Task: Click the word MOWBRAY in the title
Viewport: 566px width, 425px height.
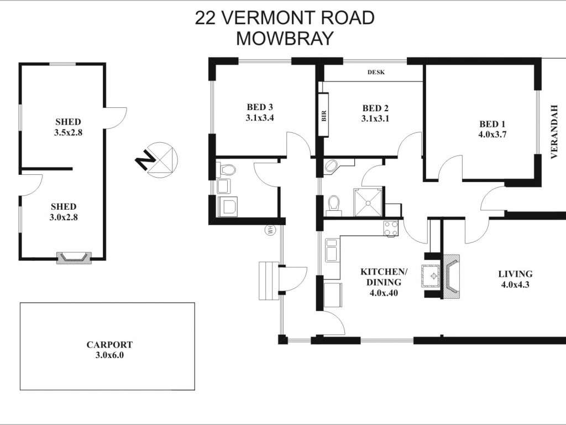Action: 285,38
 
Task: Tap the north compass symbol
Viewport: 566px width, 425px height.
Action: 158,160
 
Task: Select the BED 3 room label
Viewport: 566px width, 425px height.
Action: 260,107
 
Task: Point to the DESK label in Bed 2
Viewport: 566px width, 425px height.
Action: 376,72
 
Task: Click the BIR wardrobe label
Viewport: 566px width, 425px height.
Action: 324,116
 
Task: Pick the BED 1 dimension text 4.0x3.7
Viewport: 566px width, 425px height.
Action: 491,135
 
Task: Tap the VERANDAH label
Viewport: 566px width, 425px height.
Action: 554,132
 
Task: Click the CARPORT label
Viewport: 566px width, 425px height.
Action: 109,345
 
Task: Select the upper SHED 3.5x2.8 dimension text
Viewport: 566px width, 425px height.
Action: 68,133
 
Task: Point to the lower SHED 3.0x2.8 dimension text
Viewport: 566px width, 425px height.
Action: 64,217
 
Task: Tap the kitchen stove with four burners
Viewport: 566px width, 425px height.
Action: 391,229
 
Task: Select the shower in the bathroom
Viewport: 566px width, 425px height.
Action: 368,203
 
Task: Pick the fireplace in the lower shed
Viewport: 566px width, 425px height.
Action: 74,257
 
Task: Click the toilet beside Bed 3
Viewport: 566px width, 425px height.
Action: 226,169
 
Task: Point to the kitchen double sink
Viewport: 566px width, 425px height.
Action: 332,250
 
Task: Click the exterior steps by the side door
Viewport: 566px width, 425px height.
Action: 269,281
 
